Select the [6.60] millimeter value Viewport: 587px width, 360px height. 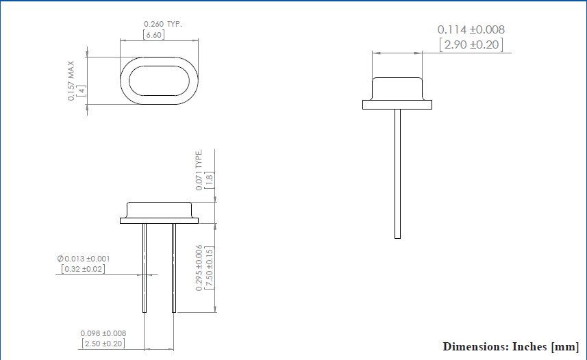point(153,34)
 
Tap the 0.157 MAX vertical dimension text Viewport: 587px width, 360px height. point(71,81)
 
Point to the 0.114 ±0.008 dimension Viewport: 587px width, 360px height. point(471,30)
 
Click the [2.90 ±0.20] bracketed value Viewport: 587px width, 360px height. point(471,45)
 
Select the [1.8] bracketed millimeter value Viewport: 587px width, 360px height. point(210,179)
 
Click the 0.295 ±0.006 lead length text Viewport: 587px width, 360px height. point(199,268)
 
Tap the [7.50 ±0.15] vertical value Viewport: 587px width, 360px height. point(210,268)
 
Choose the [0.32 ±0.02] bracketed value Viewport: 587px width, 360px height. point(83,269)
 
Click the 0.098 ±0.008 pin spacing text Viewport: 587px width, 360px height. point(103,333)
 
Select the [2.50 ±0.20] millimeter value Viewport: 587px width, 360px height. point(103,343)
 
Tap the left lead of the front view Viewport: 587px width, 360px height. point(145,268)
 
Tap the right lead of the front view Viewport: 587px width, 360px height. point(174,268)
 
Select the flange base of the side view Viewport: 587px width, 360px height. point(397,105)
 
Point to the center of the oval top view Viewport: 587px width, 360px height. point(159,81)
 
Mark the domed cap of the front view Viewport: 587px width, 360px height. point(159,210)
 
